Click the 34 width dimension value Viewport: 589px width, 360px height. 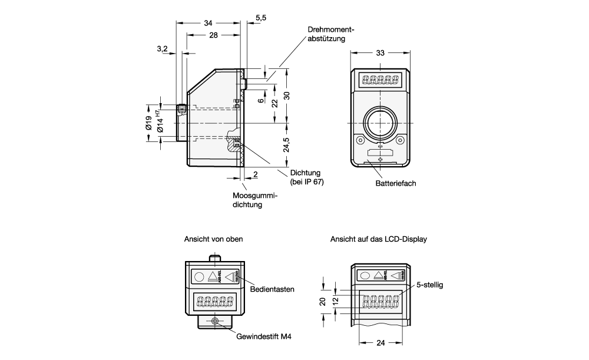click(x=208, y=23)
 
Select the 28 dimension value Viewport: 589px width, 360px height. click(x=213, y=35)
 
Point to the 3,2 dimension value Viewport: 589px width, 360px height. click(x=163, y=48)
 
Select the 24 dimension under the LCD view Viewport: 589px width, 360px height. click(x=381, y=342)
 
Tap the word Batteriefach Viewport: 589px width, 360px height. click(x=396, y=183)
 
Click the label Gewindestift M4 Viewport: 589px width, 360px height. click(x=264, y=338)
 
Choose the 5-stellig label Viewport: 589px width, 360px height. click(x=429, y=285)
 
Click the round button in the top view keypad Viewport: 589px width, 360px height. click(x=200, y=277)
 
